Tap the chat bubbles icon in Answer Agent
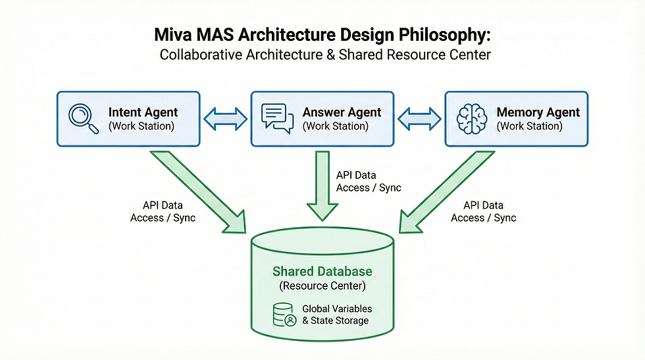tap(277, 117)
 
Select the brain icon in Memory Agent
tap(471, 118)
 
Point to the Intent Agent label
tap(143, 112)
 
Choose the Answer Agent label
tap(342, 112)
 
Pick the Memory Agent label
tap(538, 112)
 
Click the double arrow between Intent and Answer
tap(226, 119)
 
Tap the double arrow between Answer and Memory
tap(419, 119)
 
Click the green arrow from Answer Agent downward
tap(322, 184)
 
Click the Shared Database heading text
tap(322, 271)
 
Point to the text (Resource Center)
tap(322, 286)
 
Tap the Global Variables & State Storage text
tap(336, 314)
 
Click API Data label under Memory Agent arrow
tap(483, 205)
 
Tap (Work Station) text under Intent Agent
tap(141, 126)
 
